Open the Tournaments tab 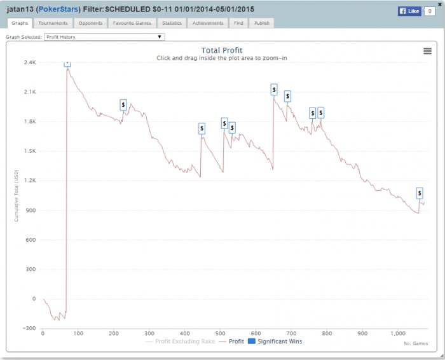pos(53,23)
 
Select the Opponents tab pos(90,23)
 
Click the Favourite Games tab pos(132,23)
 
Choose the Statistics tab pos(172,23)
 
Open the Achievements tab pos(208,23)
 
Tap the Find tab pos(238,23)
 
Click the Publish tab pos(261,23)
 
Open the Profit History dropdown pos(104,37)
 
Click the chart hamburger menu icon pos(427,52)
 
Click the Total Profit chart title pos(222,50)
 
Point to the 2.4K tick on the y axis pos(31,63)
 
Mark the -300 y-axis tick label pos(29,328)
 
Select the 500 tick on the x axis pos(221,333)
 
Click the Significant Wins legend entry pos(275,342)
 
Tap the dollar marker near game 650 pos(274,90)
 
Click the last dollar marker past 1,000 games pos(420,193)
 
